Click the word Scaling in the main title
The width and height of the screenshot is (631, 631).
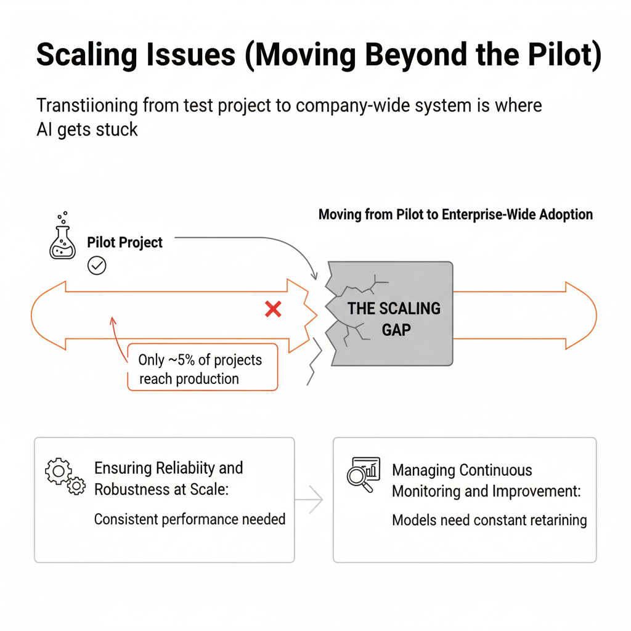91,55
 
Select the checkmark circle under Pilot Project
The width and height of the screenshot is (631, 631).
97,266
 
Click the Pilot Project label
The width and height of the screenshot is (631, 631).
125,242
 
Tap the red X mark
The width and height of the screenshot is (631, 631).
273,309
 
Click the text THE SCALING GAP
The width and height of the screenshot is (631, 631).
394,319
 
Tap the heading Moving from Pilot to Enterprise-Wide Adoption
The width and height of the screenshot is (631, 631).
455,215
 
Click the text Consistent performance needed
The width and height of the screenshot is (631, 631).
189,519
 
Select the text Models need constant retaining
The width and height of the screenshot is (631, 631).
489,520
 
